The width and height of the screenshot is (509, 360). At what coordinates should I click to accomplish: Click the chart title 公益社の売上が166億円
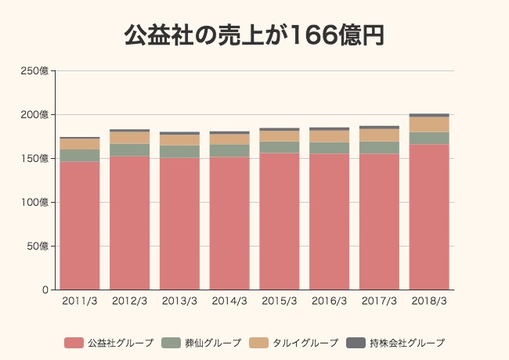click(x=254, y=35)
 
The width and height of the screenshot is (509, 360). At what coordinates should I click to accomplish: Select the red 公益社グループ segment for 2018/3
click(x=429, y=217)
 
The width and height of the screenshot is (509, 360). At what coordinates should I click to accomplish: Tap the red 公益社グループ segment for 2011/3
click(x=80, y=225)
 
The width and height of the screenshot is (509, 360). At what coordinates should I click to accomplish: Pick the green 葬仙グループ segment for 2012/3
click(x=130, y=149)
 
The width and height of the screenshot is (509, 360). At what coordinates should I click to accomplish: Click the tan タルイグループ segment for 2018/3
click(x=429, y=124)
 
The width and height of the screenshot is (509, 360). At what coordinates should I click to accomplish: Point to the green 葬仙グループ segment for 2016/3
click(x=330, y=148)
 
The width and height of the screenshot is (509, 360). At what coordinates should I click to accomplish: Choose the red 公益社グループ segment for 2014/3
click(x=229, y=223)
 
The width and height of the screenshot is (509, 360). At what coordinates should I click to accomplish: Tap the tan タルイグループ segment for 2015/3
click(x=280, y=136)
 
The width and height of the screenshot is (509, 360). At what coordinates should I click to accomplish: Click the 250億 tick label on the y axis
click(x=34, y=71)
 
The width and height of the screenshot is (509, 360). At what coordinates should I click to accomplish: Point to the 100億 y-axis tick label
click(x=34, y=203)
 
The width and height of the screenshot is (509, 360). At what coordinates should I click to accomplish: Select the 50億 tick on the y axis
click(x=37, y=247)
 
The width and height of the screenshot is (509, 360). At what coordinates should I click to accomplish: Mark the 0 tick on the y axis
click(x=45, y=290)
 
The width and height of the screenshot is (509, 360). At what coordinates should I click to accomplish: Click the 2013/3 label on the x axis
click(x=179, y=301)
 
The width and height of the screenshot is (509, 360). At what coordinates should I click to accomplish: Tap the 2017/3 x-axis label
click(x=379, y=301)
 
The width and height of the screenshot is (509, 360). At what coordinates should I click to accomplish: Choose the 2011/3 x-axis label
click(x=80, y=301)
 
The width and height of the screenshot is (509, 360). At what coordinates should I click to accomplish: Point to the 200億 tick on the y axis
click(x=34, y=115)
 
